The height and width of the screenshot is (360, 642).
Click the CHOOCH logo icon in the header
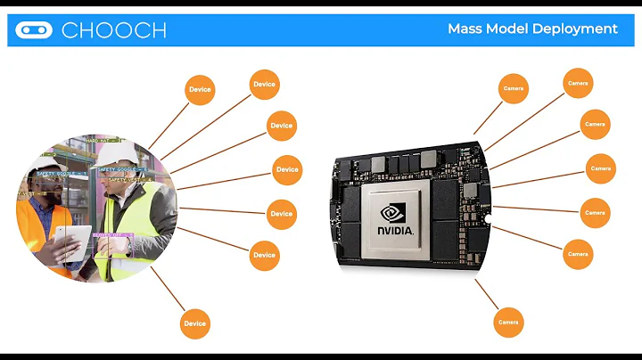(35, 29)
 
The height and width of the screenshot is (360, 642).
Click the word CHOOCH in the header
(113, 29)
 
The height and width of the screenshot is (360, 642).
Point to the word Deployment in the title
(575, 29)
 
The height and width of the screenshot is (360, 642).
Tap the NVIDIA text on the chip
(395, 230)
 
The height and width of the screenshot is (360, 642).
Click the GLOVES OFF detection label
(112, 235)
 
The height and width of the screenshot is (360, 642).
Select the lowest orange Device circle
(194, 323)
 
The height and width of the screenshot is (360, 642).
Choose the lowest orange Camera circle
(508, 322)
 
